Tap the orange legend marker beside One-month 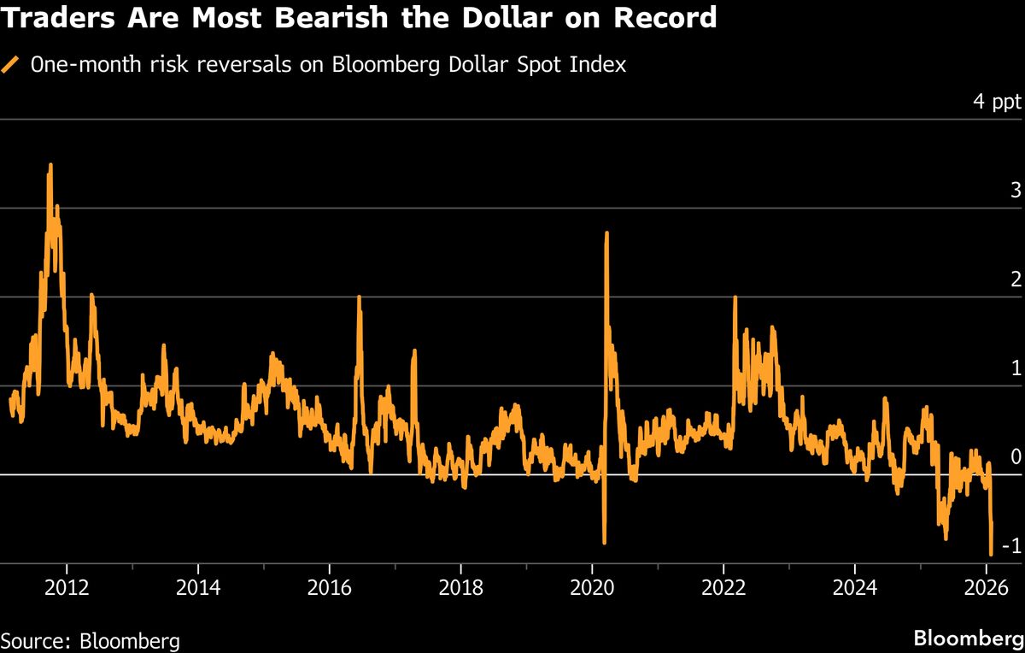tap(11, 65)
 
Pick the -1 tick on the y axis tap(1011, 546)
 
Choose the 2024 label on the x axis tap(855, 588)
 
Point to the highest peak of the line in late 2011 tap(50, 164)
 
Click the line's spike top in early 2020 tap(606, 232)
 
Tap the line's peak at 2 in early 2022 tap(735, 297)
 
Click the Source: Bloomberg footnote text tap(90, 641)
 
